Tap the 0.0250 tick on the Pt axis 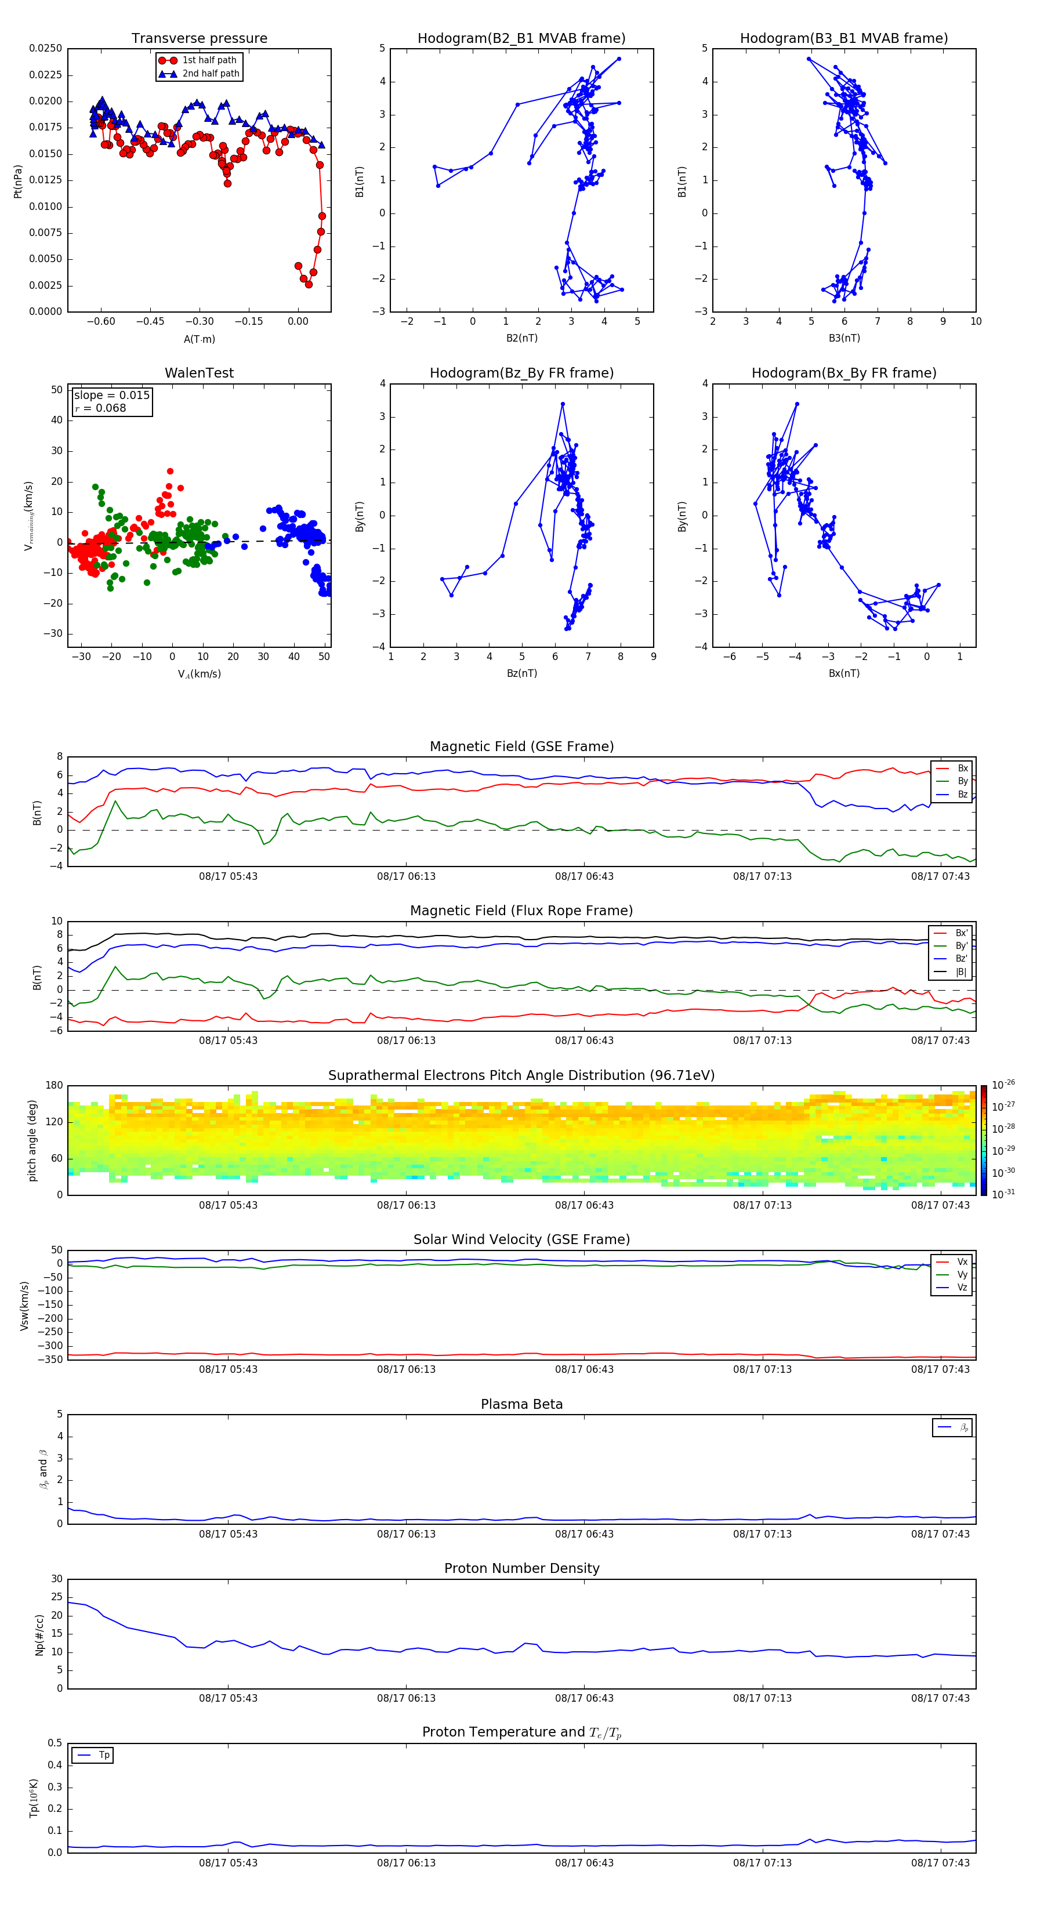(x=45, y=48)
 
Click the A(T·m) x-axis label (x=199, y=339)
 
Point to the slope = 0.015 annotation (x=111, y=396)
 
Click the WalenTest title (x=199, y=373)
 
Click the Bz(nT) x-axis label (x=521, y=673)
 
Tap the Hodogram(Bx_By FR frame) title (x=843, y=373)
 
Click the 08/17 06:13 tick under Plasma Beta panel (x=406, y=1534)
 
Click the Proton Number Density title (x=521, y=1568)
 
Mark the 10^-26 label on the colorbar (x=1003, y=1085)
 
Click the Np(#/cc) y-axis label (x=39, y=1634)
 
